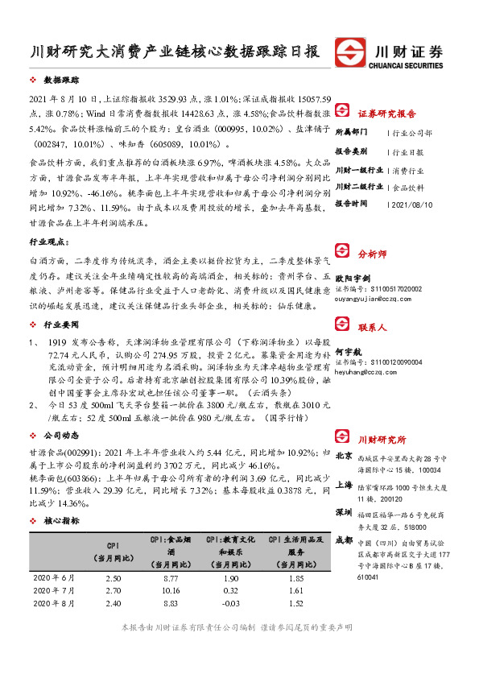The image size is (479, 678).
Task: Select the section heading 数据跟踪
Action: [x=60, y=81]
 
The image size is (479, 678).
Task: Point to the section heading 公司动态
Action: [x=60, y=411]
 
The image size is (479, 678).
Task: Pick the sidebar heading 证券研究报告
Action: [x=386, y=113]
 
